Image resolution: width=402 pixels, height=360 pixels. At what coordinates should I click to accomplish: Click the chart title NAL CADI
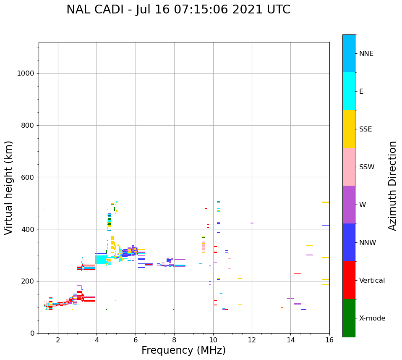[178, 10]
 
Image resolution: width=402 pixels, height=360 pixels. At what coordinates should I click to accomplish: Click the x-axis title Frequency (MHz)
[183, 350]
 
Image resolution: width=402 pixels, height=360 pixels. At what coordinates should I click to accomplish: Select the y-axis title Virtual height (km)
[9, 188]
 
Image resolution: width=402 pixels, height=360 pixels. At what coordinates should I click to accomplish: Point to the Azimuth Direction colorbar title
[392, 186]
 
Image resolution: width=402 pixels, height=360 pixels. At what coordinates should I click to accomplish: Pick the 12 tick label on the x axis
[252, 340]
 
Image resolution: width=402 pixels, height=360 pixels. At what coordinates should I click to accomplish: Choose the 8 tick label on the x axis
[174, 340]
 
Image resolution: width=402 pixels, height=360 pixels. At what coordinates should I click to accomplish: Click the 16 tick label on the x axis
[329, 340]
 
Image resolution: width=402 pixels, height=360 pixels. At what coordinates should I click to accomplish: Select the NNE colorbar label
[366, 54]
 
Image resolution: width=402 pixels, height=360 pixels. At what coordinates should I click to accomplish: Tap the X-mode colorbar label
[372, 318]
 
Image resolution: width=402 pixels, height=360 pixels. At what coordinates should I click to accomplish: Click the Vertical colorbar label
[372, 281]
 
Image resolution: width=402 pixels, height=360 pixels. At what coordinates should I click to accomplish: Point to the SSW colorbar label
[367, 167]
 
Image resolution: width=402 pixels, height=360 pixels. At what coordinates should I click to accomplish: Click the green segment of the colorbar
[349, 318]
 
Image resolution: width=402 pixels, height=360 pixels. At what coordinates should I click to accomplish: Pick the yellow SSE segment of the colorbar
[349, 129]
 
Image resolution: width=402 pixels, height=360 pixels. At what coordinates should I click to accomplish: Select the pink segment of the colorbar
[349, 167]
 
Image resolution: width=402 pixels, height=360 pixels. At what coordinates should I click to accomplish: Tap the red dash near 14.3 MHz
[297, 274]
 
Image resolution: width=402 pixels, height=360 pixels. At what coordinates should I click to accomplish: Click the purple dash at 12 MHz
[252, 223]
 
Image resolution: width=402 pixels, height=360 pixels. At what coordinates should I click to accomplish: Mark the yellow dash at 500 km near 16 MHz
[326, 202]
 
